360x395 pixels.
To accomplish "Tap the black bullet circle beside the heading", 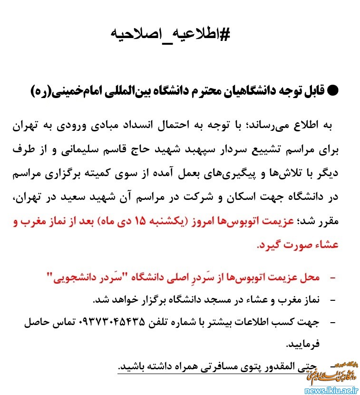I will coord(334,90).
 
